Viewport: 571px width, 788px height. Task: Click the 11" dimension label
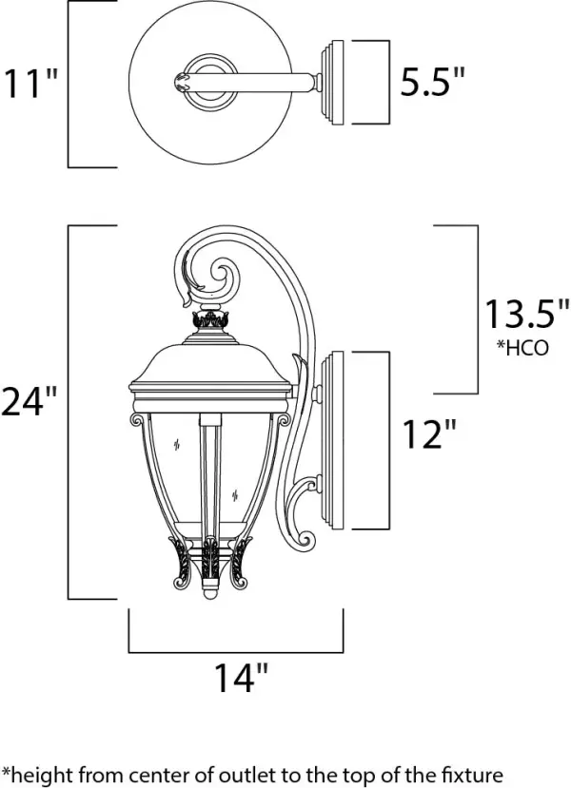coord(31,83)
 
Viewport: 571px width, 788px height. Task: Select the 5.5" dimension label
coord(431,83)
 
